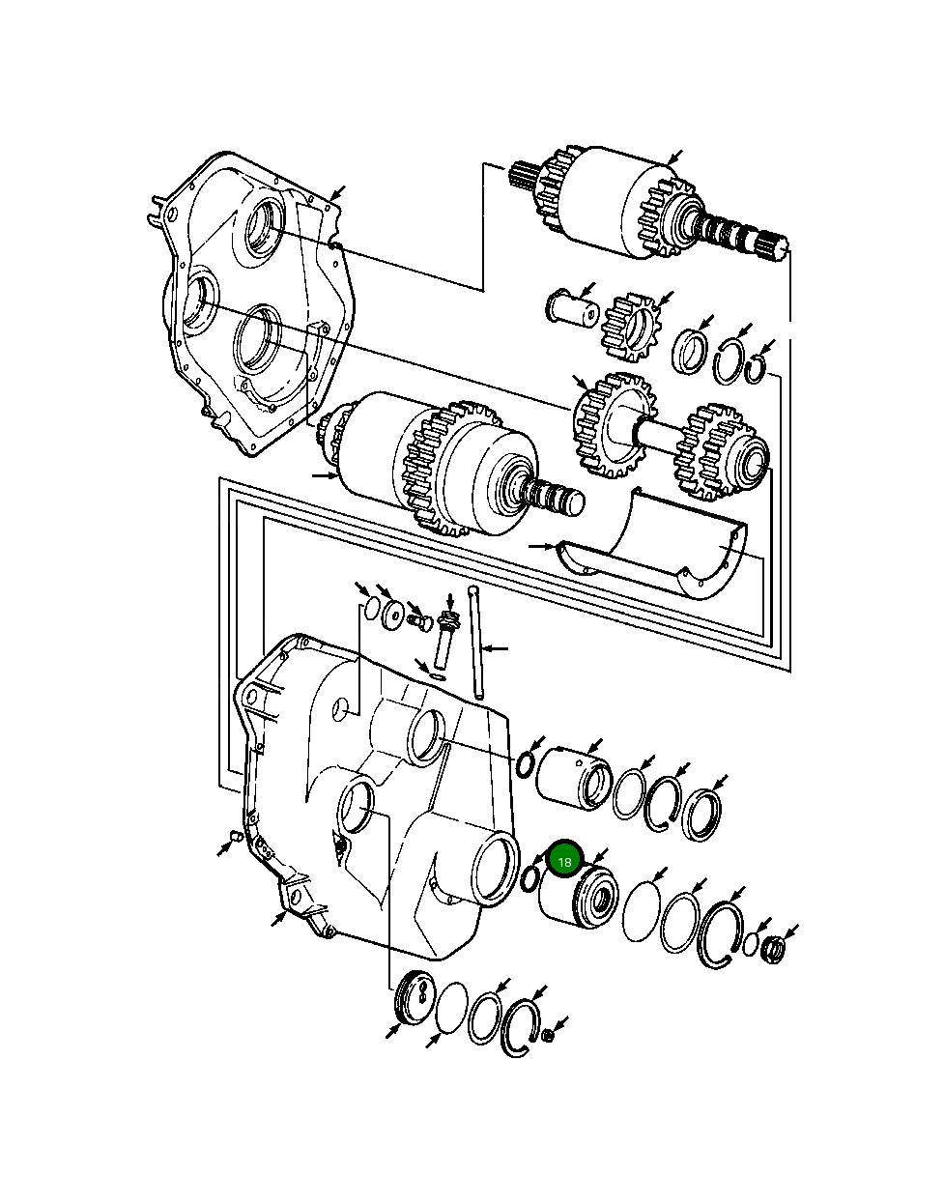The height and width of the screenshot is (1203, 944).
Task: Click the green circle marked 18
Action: [x=565, y=860]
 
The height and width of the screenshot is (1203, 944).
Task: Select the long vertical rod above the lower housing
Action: [x=475, y=643]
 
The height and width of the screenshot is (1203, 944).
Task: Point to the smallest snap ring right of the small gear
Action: [x=760, y=368]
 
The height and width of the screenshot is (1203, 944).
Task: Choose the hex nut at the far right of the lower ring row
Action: [x=773, y=948]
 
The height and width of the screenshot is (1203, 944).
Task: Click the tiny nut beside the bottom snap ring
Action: [x=547, y=1036]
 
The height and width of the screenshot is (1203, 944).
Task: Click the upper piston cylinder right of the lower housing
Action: [x=573, y=775]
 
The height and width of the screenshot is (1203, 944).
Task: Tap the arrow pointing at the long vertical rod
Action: [x=495, y=647]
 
